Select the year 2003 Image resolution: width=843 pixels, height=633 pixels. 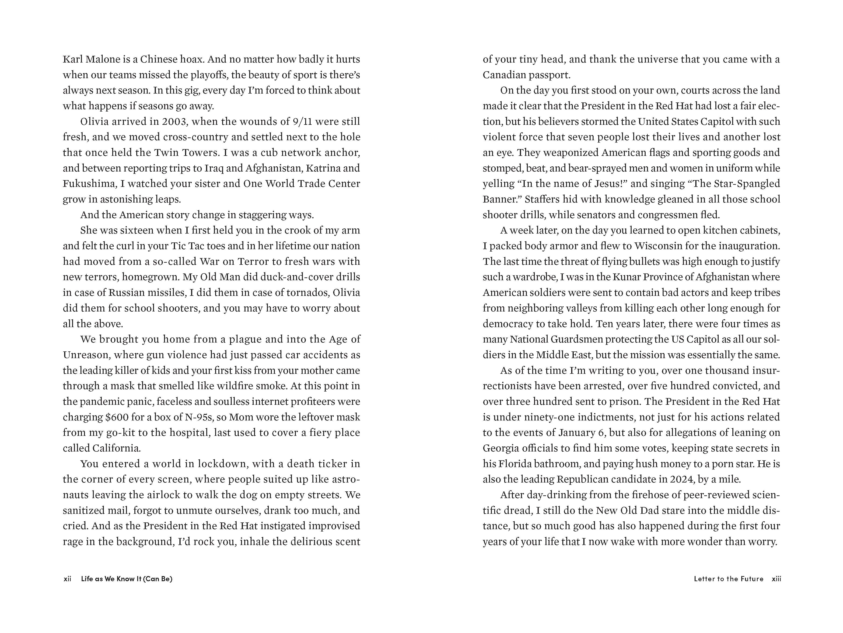pyautogui.click(x=174, y=122)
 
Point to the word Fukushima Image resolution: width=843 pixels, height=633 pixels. pyautogui.click(x=89, y=184)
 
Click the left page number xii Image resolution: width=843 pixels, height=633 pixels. pyautogui.click(x=67, y=579)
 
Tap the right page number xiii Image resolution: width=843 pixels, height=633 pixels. pyautogui.click(x=776, y=579)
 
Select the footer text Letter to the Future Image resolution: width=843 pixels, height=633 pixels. pyautogui.click(x=729, y=579)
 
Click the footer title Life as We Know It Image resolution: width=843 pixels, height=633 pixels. pyautogui.click(x=126, y=579)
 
